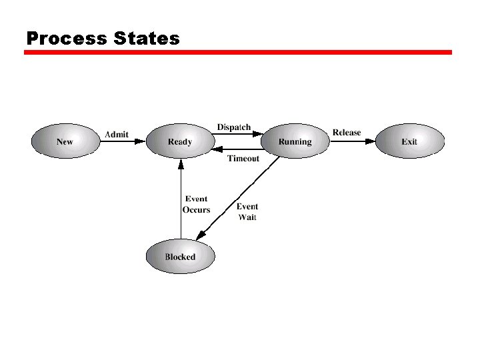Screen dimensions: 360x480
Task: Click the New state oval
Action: click(x=65, y=141)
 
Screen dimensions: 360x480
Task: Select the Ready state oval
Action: click(x=180, y=141)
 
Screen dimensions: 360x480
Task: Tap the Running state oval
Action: click(x=295, y=141)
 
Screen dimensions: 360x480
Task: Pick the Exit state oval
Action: click(x=409, y=141)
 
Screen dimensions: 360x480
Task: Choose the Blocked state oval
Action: click(x=180, y=257)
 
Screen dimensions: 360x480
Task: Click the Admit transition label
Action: click(x=117, y=134)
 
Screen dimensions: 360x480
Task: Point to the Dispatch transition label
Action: click(x=234, y=127)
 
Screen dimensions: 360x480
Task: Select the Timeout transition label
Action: click(x=243, y=159)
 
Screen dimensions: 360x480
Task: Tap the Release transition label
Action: click(x=347, y=133)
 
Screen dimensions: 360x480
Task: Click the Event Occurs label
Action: click(x=196, y=204)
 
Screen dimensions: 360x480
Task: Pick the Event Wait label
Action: click(x=247, y=211)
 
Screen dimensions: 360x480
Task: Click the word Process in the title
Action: click(x=66, y=39)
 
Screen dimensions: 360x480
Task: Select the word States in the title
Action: click(x=147, y=39)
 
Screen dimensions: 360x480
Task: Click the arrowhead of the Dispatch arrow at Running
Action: click(x=257, y=134)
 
